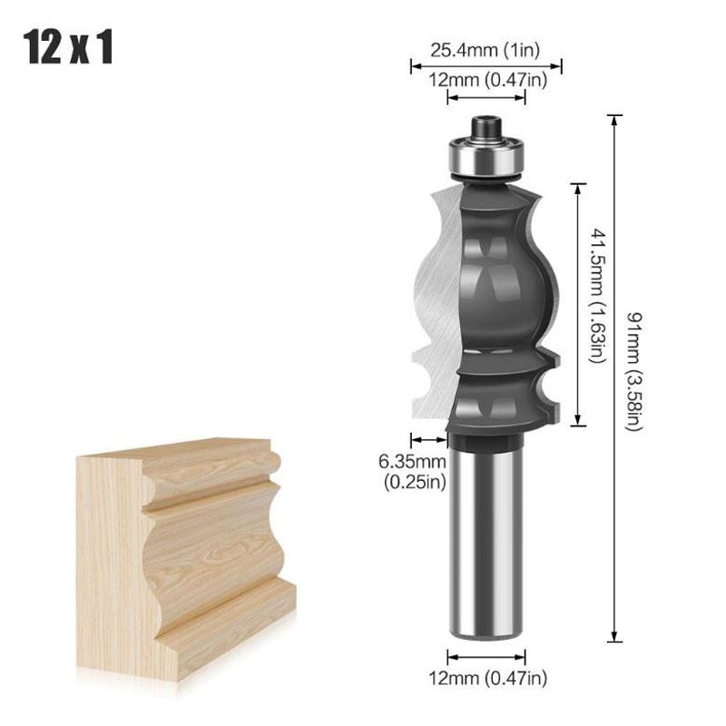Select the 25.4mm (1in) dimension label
(486, 49)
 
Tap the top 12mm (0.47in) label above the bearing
(486, 81)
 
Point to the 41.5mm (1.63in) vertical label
(597, 296)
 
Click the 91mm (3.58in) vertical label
(633, 373)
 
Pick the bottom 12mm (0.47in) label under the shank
(487, 676)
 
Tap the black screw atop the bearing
(486, 124)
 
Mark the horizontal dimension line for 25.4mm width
(486, 65)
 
